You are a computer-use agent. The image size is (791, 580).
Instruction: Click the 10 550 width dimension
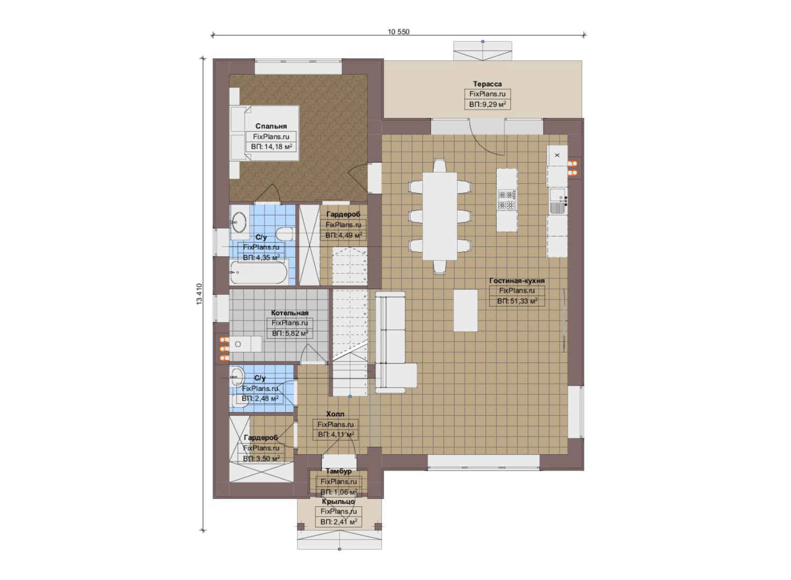(x=398, y=32)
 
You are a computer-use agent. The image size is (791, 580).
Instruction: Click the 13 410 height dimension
(x=199, y=294)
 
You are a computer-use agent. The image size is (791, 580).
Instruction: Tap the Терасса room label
(x=487, y=84)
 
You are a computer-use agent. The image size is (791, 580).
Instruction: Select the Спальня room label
(x=271, y=126)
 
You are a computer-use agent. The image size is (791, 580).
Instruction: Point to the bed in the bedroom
(x=265, y=133)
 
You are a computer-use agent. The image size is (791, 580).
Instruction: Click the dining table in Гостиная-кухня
(x=440, y=216)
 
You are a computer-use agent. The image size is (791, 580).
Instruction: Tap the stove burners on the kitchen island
(x=507, y=200)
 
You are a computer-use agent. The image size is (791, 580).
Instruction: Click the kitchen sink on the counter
(x=558, y=201)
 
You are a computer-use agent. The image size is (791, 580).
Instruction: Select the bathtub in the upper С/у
(x=260, y=272)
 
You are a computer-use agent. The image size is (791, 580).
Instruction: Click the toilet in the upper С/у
(x=284, y=234)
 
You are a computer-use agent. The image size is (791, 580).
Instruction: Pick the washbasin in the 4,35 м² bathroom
(x=240, y=222)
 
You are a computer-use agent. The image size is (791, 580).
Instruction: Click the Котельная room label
(x=290, y=313)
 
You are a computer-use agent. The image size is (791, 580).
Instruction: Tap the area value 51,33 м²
(x=517, y=301)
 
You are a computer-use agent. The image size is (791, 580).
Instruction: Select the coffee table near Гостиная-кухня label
(x=465, y=310)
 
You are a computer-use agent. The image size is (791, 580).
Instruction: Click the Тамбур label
(x=339, y=471)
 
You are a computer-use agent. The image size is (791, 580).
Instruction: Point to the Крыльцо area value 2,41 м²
(x=339, y=521)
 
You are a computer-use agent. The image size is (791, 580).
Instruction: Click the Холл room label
(x=335, y=414)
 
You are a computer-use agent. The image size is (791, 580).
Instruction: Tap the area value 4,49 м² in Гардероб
(x=343, y=235)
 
